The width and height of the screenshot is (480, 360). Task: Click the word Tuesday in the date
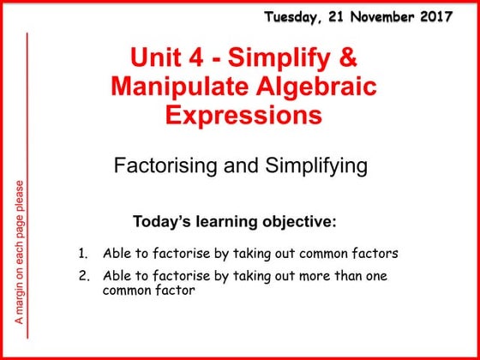[x=291, y=15]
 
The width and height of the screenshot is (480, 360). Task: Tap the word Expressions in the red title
[x=240, y=114]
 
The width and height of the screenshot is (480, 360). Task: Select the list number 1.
[x=82, y=254]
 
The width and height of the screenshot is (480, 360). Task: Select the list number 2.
[x=82, y=275]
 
